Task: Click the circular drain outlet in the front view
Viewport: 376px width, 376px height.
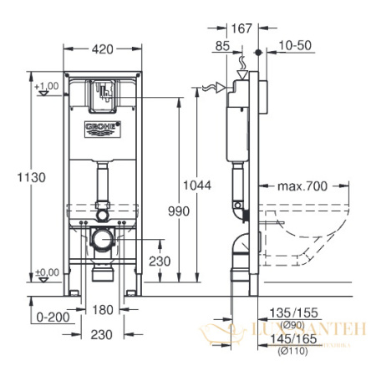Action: (x=101, y=241)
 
